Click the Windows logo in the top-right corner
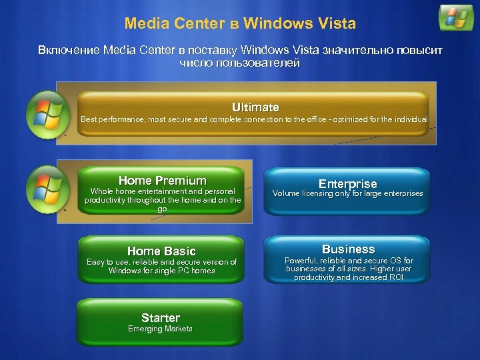click(x=456, y=18)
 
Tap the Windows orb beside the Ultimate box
click(x=47, y=113)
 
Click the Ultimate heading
click(x=255, y=107)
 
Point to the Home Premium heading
click(x=163, y=180)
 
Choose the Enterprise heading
click(x=347, y=183)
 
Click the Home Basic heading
click(x=162, y=251)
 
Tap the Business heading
click(x=348, y=249)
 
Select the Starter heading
click(x=161, y=317)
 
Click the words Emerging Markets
click(x=160, y=329)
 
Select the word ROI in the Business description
click(x=396, y=277)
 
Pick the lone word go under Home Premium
click(x=162, y=209)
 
